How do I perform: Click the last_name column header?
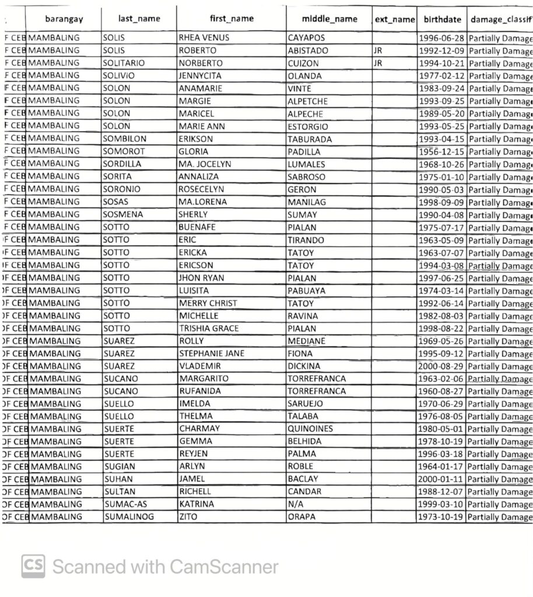pos(139,19)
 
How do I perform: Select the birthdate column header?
pos(441,19)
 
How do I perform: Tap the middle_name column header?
pos(330,19)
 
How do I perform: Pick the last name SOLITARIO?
pos(123,63)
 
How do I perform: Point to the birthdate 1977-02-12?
pos(441,76)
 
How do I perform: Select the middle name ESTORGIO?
pos(308,127)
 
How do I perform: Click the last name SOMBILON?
pos(124,139)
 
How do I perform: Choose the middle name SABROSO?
pos(307,177)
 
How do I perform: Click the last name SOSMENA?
pos(123,215)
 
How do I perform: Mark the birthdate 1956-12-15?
pos(441,152)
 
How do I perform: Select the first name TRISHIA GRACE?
pos(209,328)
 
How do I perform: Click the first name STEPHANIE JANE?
pos(212,353)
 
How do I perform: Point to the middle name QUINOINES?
pos(310,429)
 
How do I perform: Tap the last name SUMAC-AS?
pos(124,504)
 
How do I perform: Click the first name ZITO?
pos(188,517)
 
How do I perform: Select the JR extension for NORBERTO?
pos(378,63)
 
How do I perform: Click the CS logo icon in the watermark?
pos(33,566)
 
